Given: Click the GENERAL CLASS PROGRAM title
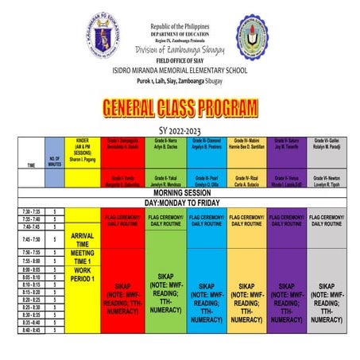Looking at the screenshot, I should pyautogui.click(x=179, y=109).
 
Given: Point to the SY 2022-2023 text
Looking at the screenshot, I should pyautogui.click(x=180, y=130).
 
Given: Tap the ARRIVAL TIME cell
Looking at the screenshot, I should pyautogui.click(x=83, y=239).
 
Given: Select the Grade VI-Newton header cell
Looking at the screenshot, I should pyautogui.click(x=328, y=180).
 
